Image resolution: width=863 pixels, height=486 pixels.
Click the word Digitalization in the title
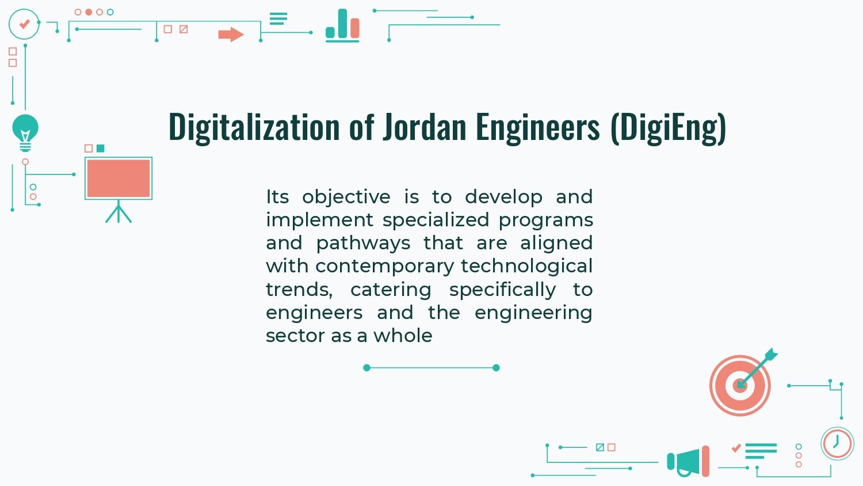click(x=254, y=127)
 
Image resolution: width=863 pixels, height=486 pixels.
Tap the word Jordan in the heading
click(x=425, y=127)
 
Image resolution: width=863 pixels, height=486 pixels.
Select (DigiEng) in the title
click(x=669, y=128)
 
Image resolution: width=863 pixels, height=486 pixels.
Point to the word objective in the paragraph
click(x=346, y=197)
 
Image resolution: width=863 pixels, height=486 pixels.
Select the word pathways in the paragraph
click(x=363, y=244)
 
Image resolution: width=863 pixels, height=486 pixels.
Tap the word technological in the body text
click(x=526, y=266)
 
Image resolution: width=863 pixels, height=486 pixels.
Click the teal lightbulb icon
click(x=25, y=132)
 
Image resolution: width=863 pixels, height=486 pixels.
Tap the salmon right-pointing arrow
click(x=231, y=35)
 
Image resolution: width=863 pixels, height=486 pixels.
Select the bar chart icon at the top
click(x=342, y=25)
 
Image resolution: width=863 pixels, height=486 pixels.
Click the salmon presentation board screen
click(x=119, y=179)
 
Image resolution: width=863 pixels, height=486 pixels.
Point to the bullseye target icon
click(x=740, y=385)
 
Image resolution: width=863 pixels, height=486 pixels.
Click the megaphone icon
click(x=688, y=461)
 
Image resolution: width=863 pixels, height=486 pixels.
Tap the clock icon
click(x=837, y=443)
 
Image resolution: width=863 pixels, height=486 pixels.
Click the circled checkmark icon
click(x=24, y=24)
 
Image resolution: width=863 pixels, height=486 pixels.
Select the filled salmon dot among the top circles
click(x=89, y=12)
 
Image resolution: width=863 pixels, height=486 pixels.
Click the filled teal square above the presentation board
click(x=101, y=149)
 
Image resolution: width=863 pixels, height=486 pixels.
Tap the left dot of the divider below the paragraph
click(x=367, y=367)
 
